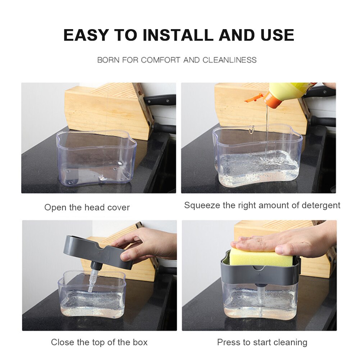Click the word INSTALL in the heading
click(x=178, y=35)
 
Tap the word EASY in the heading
click(x=85, y=35)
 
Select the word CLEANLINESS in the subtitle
click(x=229, y=60)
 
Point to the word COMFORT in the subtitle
click(x=160, y=60)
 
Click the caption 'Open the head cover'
click(x=87, y=207)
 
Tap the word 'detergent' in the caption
click(x=321, y=205)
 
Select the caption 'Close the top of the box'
click(x=99, y=342)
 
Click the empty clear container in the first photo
click(x=96, y=158)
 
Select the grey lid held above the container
click(x=96, y=252)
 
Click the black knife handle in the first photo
click(x=160, y=99)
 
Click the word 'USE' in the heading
click(x=277, y=35)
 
